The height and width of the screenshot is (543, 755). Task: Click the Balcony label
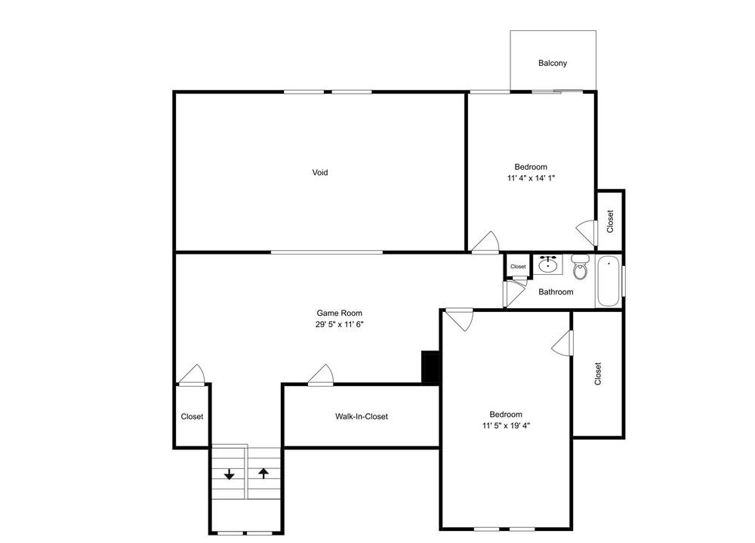[x=553, y=63]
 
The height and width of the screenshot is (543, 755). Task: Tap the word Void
[x=320, y=172]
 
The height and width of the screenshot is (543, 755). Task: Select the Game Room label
[x=340, y=313]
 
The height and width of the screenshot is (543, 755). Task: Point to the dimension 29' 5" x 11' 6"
[x=340, y=325]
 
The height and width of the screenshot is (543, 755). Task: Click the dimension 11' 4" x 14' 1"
[x=531, y=178]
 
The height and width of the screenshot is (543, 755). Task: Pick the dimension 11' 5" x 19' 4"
[x=506, y=426]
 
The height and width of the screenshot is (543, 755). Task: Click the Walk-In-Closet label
[x=362, y=416]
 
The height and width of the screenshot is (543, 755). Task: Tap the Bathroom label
[x=556, y=292]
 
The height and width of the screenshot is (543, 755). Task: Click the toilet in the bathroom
[x=580, y=267]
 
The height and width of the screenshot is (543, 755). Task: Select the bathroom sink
[x=548, y=264]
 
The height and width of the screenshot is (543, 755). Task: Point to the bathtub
[x=608, y=281]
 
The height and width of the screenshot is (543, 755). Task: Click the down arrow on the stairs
[x=230, y=474]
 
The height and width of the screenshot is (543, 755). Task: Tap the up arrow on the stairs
[x=263, y=473]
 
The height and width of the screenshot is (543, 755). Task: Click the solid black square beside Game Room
[x=431, y=367]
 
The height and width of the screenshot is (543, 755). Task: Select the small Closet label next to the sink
[x=518, y=267]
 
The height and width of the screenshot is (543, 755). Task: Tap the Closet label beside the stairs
[x=192, y=417]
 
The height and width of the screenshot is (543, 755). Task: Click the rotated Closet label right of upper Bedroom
[x=611, y=221]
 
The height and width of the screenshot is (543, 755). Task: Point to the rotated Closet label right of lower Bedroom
[x=598, y=374]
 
